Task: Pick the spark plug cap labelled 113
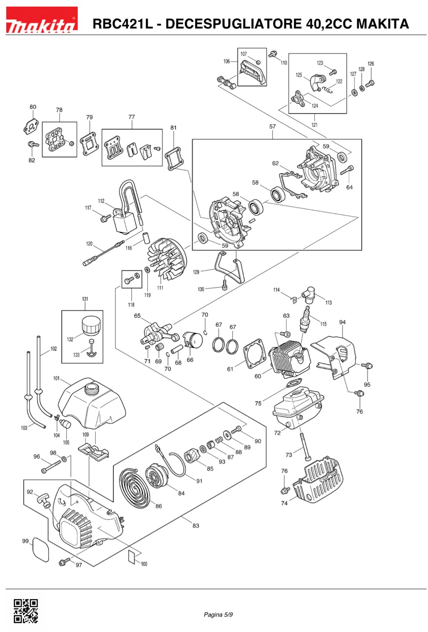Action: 308,295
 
